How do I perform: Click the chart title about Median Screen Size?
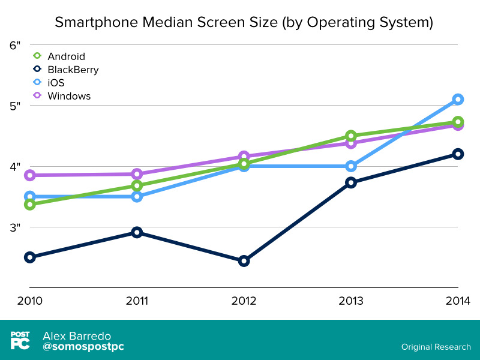(244, 23)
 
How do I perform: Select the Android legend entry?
(66, 56)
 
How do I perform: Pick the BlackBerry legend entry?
(73, 70)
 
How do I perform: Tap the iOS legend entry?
(56, 83)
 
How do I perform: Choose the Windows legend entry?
(69, 96)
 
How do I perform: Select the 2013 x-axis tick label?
(351, 301)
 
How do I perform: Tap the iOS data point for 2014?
(458, 99)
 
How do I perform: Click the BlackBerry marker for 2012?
(244, 261)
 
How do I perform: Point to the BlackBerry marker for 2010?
(29, 257)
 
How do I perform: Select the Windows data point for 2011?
(137, 174)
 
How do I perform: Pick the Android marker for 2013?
(351, 136)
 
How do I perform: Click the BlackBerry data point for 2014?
(458, 154)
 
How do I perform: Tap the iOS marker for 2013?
(351, 166)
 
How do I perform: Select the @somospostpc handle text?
(83, 347)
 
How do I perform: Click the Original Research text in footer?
(436, 347)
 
